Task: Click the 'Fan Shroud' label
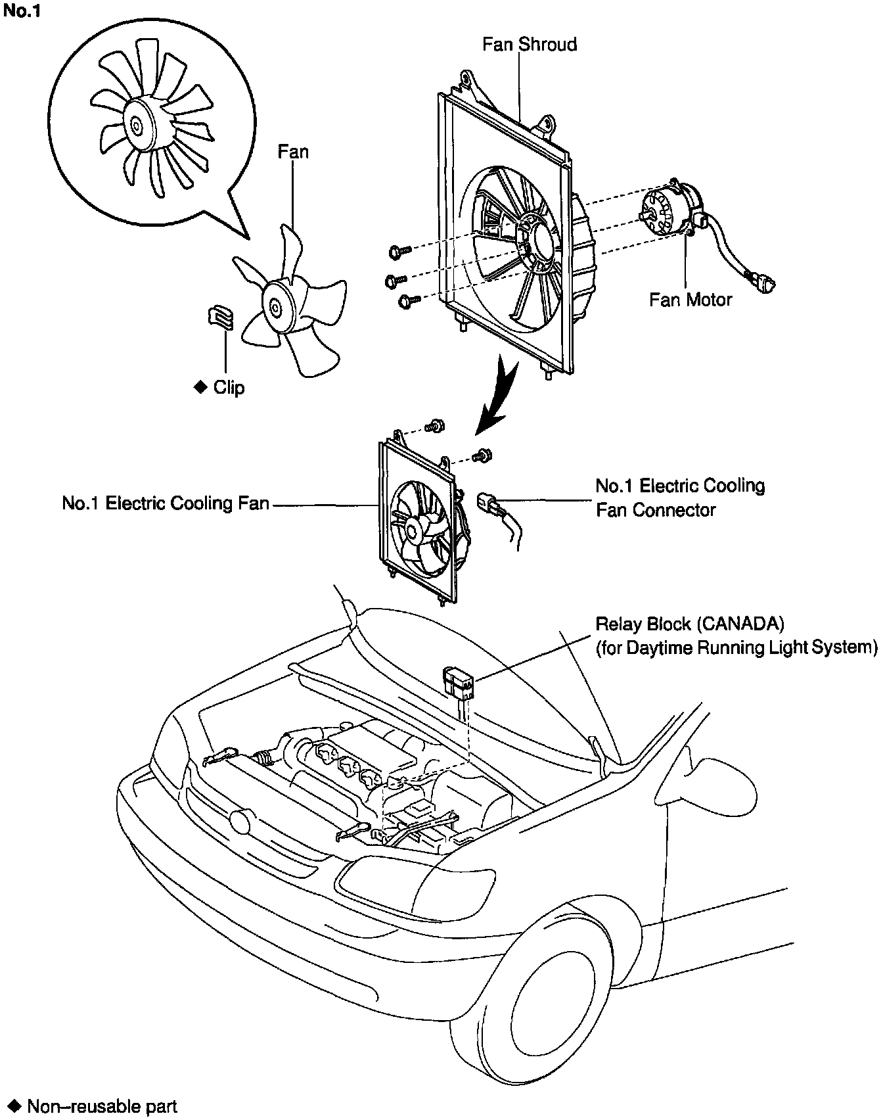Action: tap(529, 45)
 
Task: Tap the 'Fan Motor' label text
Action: tap(690, 300)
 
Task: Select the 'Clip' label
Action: tap(229, 388)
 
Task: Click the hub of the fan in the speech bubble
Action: tap(135, 124)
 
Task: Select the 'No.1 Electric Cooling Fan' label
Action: tap(166, 503)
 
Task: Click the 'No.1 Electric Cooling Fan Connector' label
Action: tap(680, 498)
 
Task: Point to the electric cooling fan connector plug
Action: tap(490, 503)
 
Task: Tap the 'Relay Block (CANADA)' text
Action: tap(690, 623)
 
